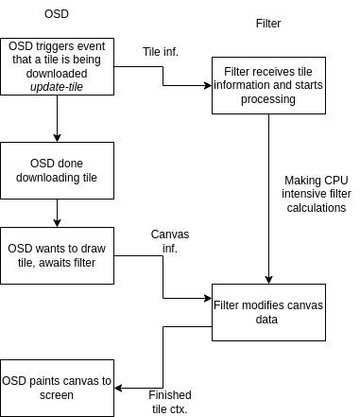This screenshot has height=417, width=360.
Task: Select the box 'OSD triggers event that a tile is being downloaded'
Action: point(57,66)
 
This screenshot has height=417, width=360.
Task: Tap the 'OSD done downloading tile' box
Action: point(57,170)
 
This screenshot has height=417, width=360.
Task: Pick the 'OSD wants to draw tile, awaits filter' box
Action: point(57,255)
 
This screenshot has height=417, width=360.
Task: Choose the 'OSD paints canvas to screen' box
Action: point(57,388)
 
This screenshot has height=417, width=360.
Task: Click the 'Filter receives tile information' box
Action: point(268,85)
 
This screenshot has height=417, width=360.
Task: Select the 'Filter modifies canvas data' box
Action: point(268,312)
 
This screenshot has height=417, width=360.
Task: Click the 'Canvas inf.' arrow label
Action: point(166,241)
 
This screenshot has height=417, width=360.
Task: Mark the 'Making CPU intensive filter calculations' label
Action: point(315,194)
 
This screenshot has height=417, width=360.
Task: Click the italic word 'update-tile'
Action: point(58,87)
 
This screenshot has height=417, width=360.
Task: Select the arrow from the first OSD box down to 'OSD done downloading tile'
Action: point(57,118)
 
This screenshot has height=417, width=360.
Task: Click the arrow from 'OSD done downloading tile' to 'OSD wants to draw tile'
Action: point(57,213)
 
